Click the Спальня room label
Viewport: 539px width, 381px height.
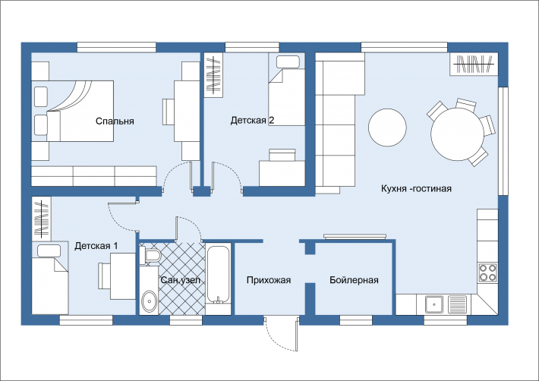[x=115, y=121]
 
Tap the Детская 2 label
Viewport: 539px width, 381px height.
[x=252, y=120]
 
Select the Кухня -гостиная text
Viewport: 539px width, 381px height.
[x=416, y=188]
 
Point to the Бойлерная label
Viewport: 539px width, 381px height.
[x=354, y=280]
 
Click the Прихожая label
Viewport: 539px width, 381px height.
[x=269, y=280]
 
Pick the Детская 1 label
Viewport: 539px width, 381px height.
[x=96, y=246]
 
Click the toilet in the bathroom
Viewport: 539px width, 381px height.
[x=151, y=256]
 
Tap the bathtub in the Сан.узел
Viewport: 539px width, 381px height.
[x=218, y=275]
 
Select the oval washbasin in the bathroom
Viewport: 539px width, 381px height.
[x=150, y=301]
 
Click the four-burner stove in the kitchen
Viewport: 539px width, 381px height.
[x=488, y=272]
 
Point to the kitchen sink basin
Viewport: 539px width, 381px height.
[x=434, y=304]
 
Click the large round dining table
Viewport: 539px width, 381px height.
[x=458, y=134]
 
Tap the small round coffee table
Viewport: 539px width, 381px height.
[x=387, y=128]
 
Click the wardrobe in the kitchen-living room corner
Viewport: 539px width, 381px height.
[x=474, y=64]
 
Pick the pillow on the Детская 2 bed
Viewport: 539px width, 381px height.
[x=288, y=61]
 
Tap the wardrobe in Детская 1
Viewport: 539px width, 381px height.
[x=41, y=219]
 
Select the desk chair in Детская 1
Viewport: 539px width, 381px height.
[x=104, y=276]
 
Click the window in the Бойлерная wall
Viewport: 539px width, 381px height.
[x=356, y=320]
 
